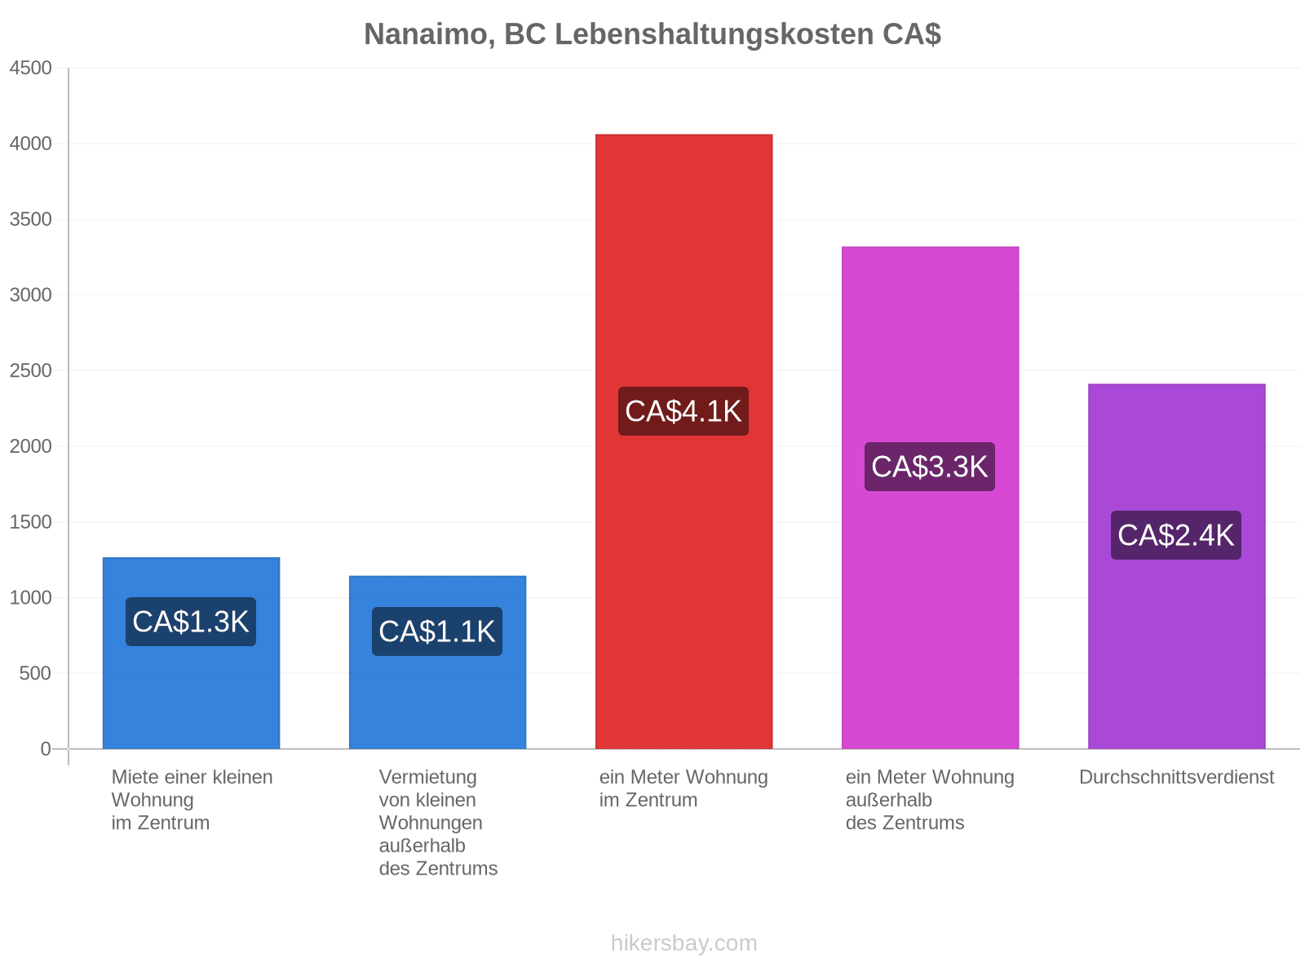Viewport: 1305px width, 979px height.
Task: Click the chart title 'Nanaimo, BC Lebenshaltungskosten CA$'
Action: point(652,34)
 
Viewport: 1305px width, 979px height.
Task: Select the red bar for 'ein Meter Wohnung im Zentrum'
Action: point(683,441)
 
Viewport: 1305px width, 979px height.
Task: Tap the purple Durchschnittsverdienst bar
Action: point(1176,566)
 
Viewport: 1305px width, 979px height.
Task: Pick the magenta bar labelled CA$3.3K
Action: point(930,498)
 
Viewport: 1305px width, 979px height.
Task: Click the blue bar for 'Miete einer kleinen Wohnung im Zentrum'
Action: point(191,653)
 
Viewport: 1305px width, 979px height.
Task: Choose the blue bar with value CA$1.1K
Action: point(437,662)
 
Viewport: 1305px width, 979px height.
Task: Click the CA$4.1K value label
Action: point(683,411)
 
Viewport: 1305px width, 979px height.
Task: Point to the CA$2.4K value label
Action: point(1175,535)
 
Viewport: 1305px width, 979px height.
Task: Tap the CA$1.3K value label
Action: point(190,622)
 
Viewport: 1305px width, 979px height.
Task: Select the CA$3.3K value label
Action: point(929,467)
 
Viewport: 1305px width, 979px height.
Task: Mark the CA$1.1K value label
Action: point(436,631)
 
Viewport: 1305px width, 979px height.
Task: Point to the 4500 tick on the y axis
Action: point(30,68)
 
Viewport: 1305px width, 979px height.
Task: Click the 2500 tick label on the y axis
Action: point(30,370)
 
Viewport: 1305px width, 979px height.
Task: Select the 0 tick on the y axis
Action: point(46,748)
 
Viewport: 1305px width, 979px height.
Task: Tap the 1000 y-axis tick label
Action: point(30,597)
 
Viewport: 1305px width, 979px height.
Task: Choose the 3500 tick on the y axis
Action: point(30,219)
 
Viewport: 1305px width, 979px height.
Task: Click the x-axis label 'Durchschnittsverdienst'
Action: point(1176,777)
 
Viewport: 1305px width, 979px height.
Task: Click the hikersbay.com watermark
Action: point(683,943)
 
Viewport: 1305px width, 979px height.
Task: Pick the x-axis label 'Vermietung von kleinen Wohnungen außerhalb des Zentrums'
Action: point(437,822)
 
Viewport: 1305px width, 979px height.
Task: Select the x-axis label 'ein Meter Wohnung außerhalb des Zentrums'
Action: point(930,800)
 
